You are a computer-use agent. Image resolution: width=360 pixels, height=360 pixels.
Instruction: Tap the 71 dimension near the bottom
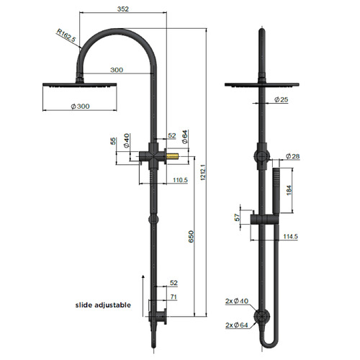tap(173, 296)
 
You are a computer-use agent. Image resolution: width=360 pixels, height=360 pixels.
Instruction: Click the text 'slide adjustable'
tap(103, 305)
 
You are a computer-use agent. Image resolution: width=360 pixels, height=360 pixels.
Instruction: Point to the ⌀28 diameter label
tap(292, 156)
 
